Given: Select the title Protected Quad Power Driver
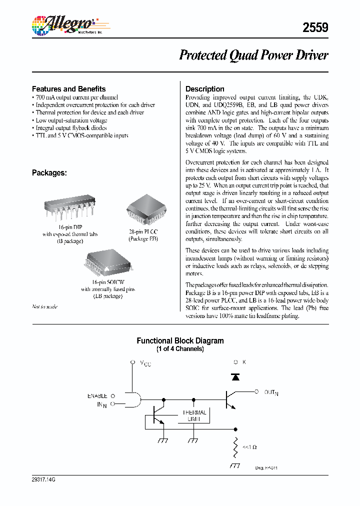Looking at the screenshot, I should pyautogui.click(x=253, y=55).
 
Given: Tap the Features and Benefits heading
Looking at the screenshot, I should pyautogui.click(x=68, y=88).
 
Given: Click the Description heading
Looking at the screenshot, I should pyautogui.click(x=204, y=89).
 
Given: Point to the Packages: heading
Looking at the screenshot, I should pyautogui.click(x=49, y=172).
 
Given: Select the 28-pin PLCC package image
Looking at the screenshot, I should pyautogui.click(x=143, y=205).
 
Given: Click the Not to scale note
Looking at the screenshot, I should pyautogui.click(x=44, y=306).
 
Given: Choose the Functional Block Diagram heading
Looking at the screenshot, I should pyautogui.click(x=180, y=340).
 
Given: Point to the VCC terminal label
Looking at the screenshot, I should pyautogui.click(x=144, y=363).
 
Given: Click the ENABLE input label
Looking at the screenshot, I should pyautogui.click(x=97, y=395).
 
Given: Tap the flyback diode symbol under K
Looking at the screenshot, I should pyautogui.click(x=235, y=377).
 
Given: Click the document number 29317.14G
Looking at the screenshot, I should pyautogui.click(x=44, y=479).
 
